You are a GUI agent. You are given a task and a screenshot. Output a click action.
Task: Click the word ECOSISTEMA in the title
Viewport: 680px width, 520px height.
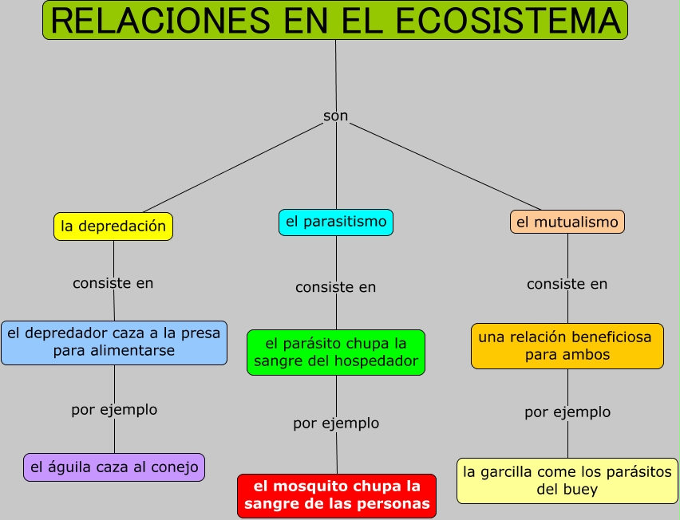508,22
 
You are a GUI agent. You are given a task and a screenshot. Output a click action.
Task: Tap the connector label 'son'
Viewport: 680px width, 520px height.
335,116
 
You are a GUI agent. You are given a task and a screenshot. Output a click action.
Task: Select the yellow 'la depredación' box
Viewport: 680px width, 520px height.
113,227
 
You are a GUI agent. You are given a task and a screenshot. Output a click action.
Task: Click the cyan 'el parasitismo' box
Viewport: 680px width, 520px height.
335,222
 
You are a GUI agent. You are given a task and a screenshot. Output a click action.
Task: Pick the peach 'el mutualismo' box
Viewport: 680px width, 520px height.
567,223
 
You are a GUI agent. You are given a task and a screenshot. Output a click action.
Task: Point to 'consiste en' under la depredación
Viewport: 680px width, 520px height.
113,283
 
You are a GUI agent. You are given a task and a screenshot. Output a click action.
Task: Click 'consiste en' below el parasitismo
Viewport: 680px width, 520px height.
335,287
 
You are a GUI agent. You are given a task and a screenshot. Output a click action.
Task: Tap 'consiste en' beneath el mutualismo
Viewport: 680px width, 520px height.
567,284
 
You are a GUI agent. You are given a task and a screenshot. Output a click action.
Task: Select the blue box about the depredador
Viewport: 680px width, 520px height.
114,343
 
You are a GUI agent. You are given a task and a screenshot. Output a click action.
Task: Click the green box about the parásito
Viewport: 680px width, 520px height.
335,353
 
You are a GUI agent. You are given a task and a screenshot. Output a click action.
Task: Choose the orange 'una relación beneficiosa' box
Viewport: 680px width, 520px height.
567,346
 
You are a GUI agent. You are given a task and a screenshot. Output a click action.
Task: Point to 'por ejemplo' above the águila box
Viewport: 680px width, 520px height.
114,410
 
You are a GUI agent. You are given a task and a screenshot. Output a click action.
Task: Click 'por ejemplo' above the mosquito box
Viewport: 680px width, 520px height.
336,423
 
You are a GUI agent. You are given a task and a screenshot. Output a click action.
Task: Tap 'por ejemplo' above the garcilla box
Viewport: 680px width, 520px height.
567,412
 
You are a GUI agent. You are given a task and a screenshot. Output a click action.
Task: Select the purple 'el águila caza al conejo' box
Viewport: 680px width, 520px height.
114,467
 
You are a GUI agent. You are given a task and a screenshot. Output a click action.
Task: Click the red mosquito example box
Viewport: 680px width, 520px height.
337,495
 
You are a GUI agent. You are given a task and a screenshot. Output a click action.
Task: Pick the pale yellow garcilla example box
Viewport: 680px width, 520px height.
567,481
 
